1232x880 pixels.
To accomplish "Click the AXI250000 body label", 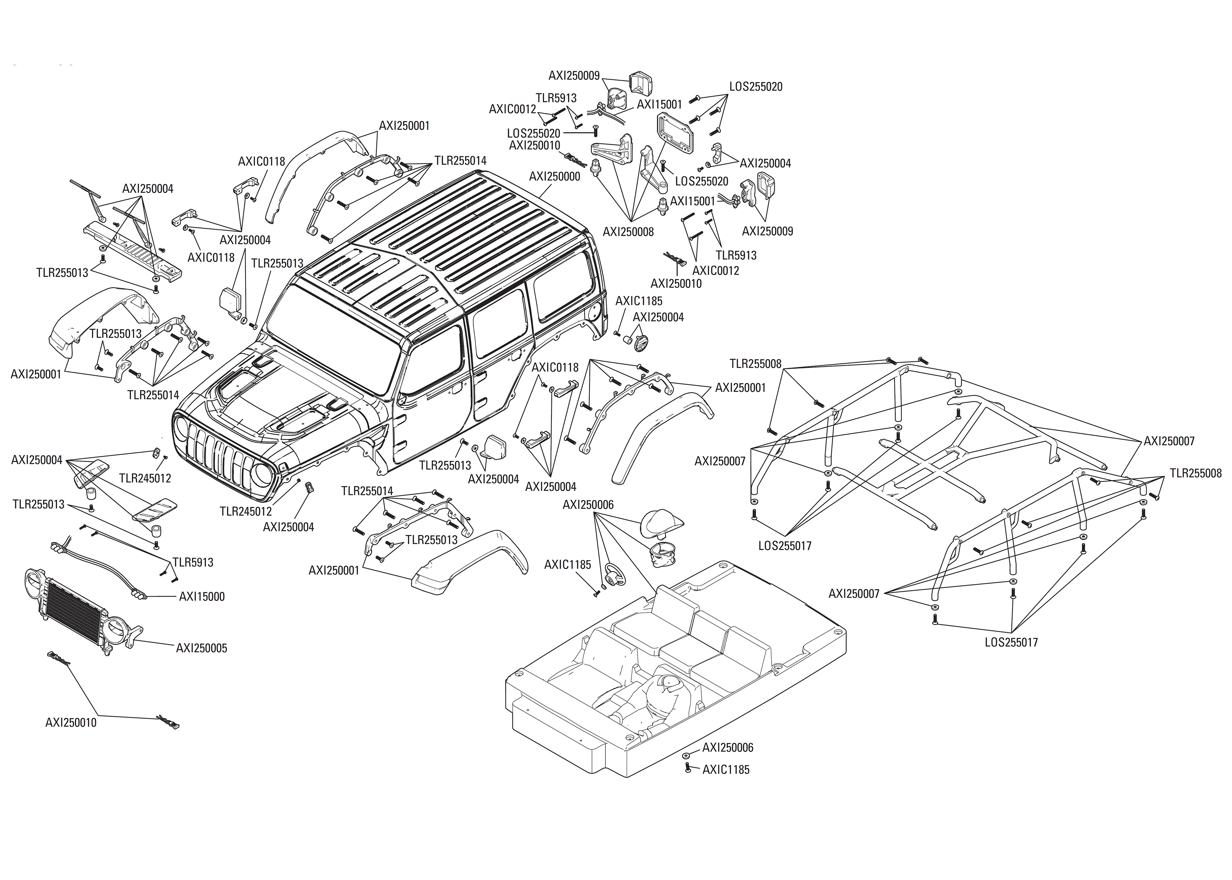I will pyautogui.click(x=554, y=177).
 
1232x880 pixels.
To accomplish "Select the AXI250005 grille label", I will pyautogui.click(x=201, y=648).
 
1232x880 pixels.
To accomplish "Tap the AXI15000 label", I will pyautogui.click(x=201, y=596).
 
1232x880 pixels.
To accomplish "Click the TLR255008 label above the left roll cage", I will pyautogui.click(x=755, y=364).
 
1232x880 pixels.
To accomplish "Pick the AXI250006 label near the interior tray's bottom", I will pyautogui.click(x=727, y=748).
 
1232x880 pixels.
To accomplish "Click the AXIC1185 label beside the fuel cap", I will pyautogui.click(x=639, y=301).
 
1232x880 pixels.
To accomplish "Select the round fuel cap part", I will pyautogui.click(x=641, y=343).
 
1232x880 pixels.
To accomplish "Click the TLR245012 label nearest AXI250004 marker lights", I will pyautogui.click(x=145, y=478).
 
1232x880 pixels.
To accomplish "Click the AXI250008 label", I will pyautogui.click(x=628, y=232).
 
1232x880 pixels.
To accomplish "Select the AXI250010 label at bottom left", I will pyautogui.click(x=71, y=722).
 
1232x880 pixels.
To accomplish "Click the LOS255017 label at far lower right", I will pyautogui.click(x=1011, y=643).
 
